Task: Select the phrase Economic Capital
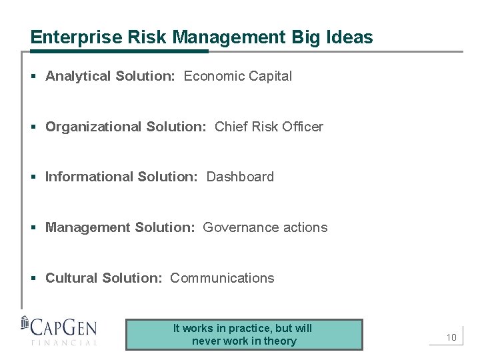click(x=237, y=76)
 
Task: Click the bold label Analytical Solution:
click(x=110, y=76)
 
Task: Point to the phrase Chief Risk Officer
click(x=269, y=127)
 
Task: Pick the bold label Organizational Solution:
click(x=125, y=127)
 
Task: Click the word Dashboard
click(x=240, y=177)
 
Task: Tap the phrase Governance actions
click(x=265, y=227)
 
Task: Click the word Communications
click(x=222, y=278)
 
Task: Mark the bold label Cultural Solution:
click(x=103, y=278)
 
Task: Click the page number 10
click(x=451, y=337)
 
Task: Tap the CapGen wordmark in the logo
click(x=65, y=328)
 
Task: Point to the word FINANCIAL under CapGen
click(x=64, y=343)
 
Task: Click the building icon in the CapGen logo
click(x=25, y=323)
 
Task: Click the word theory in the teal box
click(x=280, y=341)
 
